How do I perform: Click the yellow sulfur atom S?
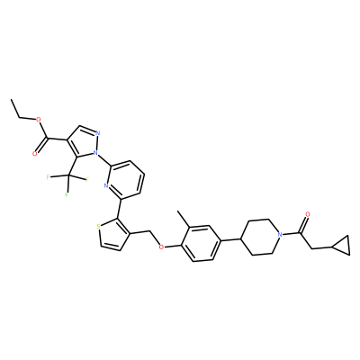pyautogui.click(x=98, y=226)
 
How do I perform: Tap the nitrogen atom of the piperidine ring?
pyautogui.click(x=280, y=234)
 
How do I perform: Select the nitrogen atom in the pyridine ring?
pyautogui.click(x=106, y=185)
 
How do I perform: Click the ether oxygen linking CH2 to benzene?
pyautogui.click(x=161, y=247)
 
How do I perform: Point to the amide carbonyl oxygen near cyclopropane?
pyautogui.click(x=308, y=214)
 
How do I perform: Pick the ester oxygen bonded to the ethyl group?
pyautogui.click(x=38, y=120)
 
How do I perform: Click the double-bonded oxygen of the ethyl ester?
pyautogui.click(x=35, y=154)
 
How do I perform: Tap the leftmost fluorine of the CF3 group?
pyautogui.click(x=48, y=177)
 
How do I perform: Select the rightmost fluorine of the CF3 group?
pyautogui.click(x=87, y=180)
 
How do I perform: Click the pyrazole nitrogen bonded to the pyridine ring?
pyautogui.click(x=95, y=153)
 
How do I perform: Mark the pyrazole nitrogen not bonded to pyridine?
pyautogui.click(x=98, y=133)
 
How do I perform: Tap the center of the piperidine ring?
pyautogui.click(x=261, y=237)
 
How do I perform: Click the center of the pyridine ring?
pyautogui.click(x=126, y=180)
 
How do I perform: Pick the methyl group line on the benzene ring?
pyautogui.click(x=184, y=219)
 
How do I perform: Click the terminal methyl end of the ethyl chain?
pyautogui.click(x=12, y=99)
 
